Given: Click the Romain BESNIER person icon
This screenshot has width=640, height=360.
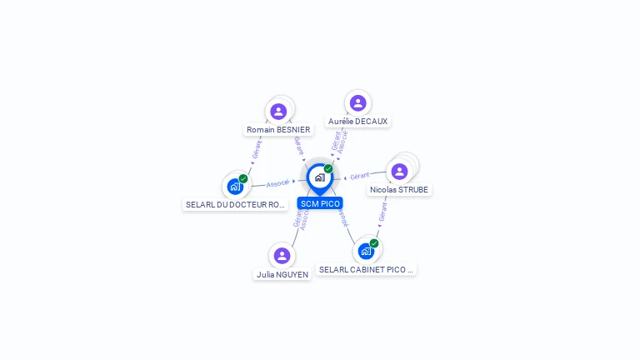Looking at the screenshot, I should pyautogui.click(x=278, y=111).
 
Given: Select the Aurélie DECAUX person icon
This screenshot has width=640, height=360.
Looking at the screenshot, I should pyautogui.click(x=357, y=102).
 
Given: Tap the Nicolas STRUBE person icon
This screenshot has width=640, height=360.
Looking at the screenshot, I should pyautogui.click(x=399, y=171).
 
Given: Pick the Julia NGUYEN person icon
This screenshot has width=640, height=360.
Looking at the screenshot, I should pyautogui.click(x=282, y=255).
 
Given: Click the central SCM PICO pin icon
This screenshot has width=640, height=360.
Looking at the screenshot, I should pyautogui.click(x=319, y=177).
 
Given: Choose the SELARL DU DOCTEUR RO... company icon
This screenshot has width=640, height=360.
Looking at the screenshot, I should pyautogui.click(x=235, y=186).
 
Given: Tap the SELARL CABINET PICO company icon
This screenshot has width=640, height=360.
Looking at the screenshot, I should pyautogui.click(x=366, y=251).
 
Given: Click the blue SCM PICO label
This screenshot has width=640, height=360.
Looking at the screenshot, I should pyautogui.click(x=320, y=203).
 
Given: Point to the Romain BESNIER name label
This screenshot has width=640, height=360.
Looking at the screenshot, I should pyautogui.click(x=278, y=130).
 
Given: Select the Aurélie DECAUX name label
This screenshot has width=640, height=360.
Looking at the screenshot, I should pyautogui.click(x=357, y=121).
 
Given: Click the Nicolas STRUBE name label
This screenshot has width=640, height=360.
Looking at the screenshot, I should pyautogui.click(x=399, y=190).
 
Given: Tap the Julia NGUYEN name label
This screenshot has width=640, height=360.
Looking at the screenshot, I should pyautogui.click(x=282, y=274).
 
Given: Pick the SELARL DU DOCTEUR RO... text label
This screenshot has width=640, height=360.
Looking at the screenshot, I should pyautogui.click(x=235, y=205).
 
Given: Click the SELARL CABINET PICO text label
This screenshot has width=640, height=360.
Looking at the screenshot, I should pyautogui.click(x=367, y=270).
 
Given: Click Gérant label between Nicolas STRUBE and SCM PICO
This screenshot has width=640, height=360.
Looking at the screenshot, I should pyautogui.click(x=360, y=176).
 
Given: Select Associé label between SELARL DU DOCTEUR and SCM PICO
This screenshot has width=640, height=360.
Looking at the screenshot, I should pyautogui.click(x=277, y=182).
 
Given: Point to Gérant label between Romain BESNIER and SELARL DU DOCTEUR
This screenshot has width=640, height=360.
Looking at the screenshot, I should pyautogui.click(x=256, y=150).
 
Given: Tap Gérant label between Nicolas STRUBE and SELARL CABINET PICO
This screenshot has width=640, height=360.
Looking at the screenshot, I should pyautogui.click(x=382, y=212).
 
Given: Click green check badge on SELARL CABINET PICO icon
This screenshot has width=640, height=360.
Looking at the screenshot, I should pyautogui.click(x=374, y=243).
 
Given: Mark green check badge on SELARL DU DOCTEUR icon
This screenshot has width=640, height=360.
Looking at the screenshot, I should pyautogui.click(x=243, y=178).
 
